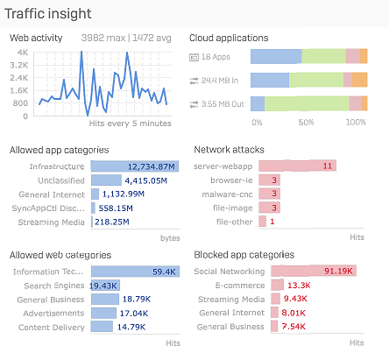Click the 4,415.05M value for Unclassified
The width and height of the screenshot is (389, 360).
click(145, 180)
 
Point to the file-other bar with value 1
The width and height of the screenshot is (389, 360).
click(272, 222)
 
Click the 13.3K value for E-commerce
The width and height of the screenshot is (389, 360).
click(298, 285)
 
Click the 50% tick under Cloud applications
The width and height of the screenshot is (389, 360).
click(307, 123)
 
